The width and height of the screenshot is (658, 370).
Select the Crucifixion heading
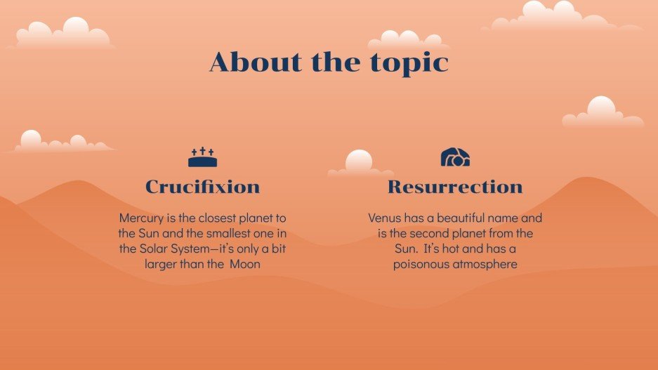[202, 187]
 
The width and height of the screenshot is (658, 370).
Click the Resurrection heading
[455, 187]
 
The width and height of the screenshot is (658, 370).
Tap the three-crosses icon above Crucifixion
[202, 157]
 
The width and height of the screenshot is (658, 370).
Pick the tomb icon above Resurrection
[455, 157]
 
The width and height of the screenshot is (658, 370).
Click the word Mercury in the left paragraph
[143, 218]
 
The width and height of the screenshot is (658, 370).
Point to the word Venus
[385, 218]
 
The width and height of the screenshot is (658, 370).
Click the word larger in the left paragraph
[164, 265]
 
